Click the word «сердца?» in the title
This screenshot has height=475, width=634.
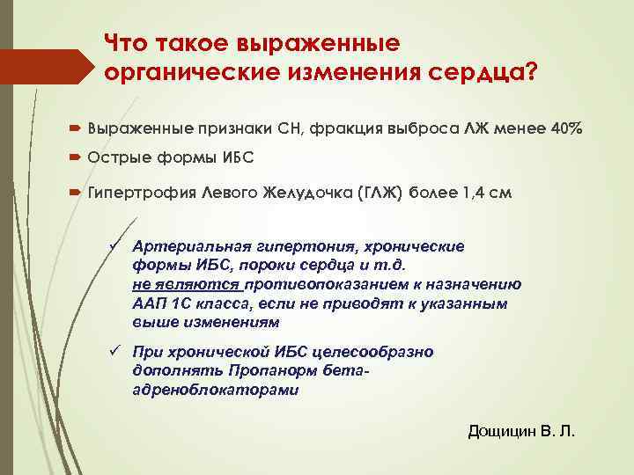482,72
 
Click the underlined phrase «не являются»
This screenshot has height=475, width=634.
186,284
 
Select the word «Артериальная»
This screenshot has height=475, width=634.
188,246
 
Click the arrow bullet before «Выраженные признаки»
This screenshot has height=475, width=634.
77,128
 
